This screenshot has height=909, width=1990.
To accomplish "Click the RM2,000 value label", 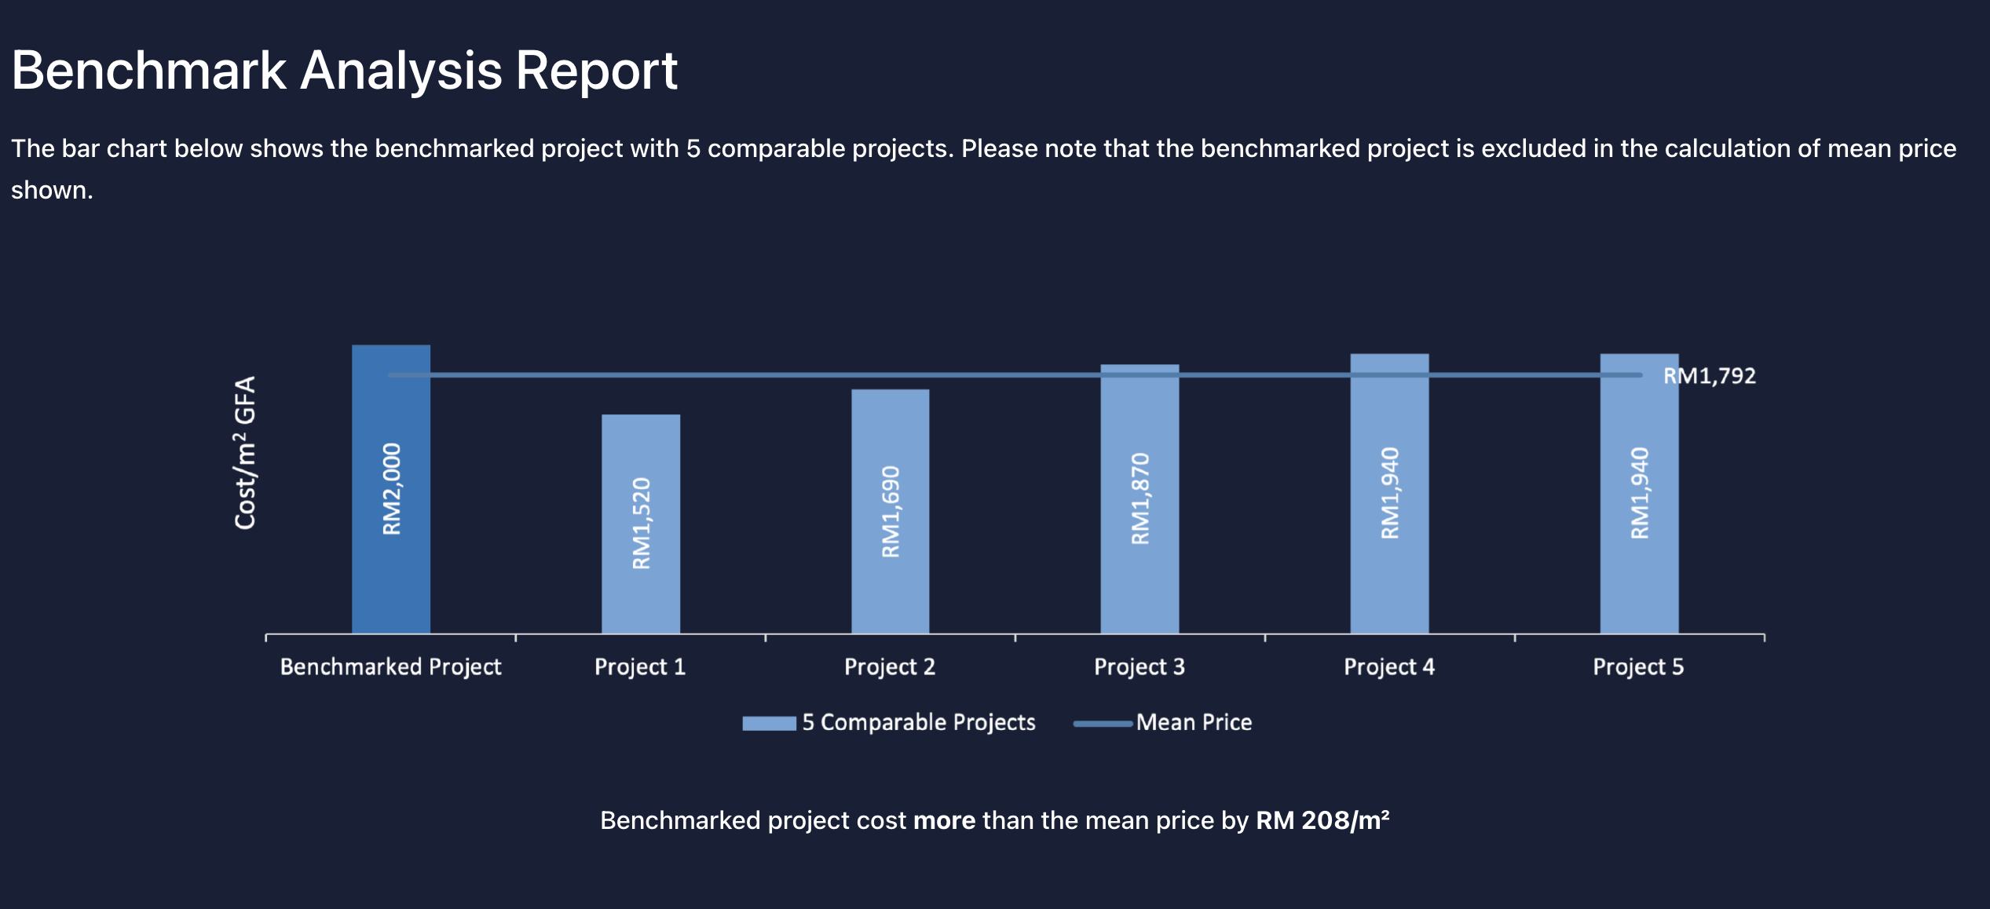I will pyautogui.click(x=391, y=489).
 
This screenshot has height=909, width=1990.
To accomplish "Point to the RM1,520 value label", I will pyautogui.click(x=642, y=523).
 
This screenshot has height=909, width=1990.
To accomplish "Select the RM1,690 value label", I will pyautogui.click(x=891, y=512).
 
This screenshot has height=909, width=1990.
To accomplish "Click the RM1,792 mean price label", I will pyautogui.click(x=1709, y=376).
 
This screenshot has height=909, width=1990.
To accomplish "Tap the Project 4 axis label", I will pyautogui.click(x=1388, y=667).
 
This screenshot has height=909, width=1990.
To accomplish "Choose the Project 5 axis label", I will pyautogui.click(x=1638, y=667).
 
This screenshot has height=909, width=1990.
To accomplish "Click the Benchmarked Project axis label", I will pyautogui.click(x=390, y=667).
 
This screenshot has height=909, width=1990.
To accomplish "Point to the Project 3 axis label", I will pyautogui.click(x=1139, y=667).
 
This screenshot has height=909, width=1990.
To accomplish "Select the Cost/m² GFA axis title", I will pyautogui.click(x=245, y=453).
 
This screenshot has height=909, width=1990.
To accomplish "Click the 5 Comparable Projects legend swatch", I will pyautogui.click(x=769, y=723).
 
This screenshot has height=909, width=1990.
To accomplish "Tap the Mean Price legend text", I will pyautogui.click(x=1194, y=722).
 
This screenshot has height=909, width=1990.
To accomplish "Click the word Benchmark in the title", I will pyautogui.click(x=149, y=71).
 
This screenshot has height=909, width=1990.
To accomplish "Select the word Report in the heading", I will pyautogui.click(x=596, y=71).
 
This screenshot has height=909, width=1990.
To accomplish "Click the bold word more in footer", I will pyautogui.click(x=944, y=820).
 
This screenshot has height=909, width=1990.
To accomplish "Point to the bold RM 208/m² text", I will pyautogui.click(x=1322, y=820).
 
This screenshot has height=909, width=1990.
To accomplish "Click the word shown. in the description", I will pyautogui.click(x=52, y=190).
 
